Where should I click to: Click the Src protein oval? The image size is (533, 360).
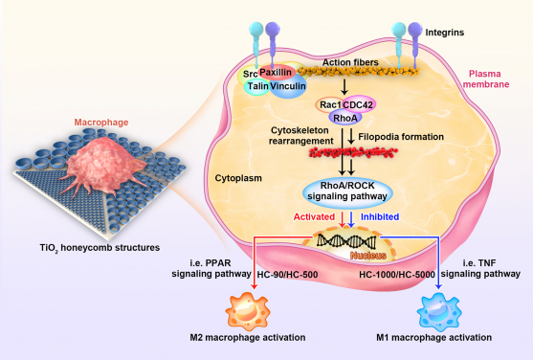[x=251, y=73]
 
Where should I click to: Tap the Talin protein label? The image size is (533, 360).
[x=257, y=86]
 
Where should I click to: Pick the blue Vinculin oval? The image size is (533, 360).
[x=287, y=86]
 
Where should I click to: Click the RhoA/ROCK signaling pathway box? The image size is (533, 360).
[x=349, y=188]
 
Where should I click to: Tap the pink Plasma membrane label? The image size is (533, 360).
[x=491, y=78]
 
